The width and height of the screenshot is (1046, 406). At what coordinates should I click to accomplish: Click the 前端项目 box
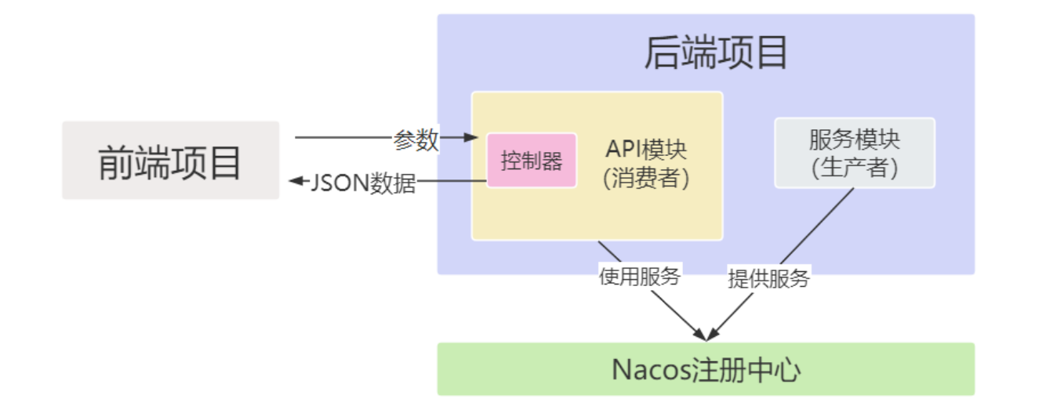coord(170,160)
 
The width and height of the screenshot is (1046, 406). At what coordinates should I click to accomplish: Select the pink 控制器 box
coord(532,160)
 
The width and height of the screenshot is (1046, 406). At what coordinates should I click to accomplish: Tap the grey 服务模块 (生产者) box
coord(855,153)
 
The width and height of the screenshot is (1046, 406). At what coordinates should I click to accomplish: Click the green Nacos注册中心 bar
coord(706,368)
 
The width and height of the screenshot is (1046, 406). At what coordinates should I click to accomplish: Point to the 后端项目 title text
coord(715,53)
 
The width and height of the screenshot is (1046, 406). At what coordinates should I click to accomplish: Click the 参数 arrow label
coord(416,140)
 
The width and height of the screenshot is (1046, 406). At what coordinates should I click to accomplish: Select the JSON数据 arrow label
coord(363,183)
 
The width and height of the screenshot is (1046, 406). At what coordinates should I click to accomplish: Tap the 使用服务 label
coord(639,276)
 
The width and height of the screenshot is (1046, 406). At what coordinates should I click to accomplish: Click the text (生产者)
coord(855,167)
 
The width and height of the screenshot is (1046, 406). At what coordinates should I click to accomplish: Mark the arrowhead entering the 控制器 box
coord(471,138)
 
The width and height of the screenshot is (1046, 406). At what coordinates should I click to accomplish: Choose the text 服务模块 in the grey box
coord(855,140)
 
